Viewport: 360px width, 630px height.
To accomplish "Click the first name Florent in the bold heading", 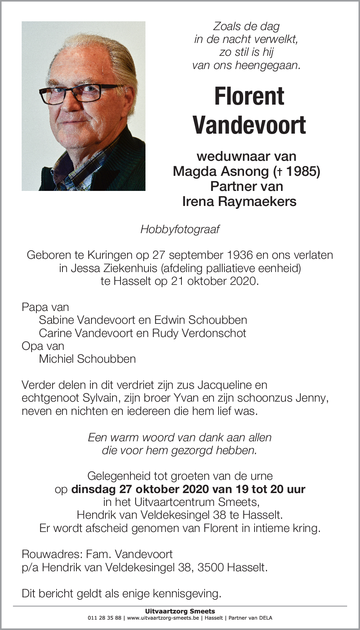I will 249,97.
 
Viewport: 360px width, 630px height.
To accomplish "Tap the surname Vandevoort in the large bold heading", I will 249,125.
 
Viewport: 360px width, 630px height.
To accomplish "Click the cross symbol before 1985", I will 280,171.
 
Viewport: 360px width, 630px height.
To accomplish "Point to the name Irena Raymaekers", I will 239,201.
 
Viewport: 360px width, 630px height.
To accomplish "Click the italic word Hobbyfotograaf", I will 180,229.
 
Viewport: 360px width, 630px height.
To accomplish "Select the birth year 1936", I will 240,255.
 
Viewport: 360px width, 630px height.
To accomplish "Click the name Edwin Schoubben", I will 200,320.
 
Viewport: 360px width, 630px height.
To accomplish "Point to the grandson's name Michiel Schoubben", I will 87,359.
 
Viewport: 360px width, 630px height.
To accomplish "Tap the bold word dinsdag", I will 93,489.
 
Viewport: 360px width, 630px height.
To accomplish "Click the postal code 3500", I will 210,567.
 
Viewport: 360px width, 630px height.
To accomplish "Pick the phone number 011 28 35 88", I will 104,618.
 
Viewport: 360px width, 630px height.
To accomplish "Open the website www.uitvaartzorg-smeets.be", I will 163,618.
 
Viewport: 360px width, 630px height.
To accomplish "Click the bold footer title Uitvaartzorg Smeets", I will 180,611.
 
